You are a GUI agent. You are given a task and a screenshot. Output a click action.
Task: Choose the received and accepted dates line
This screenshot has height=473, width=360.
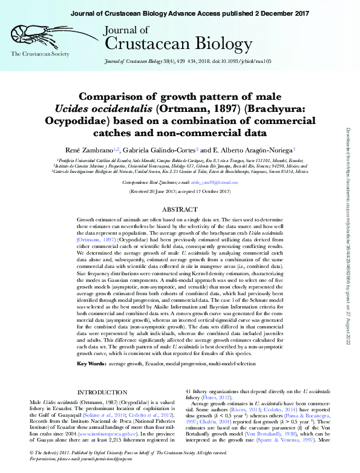pyautogui.click(x=180, y=191)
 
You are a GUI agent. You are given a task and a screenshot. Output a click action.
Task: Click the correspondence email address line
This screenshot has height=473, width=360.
pyautogui.click(x=180, y=181)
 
